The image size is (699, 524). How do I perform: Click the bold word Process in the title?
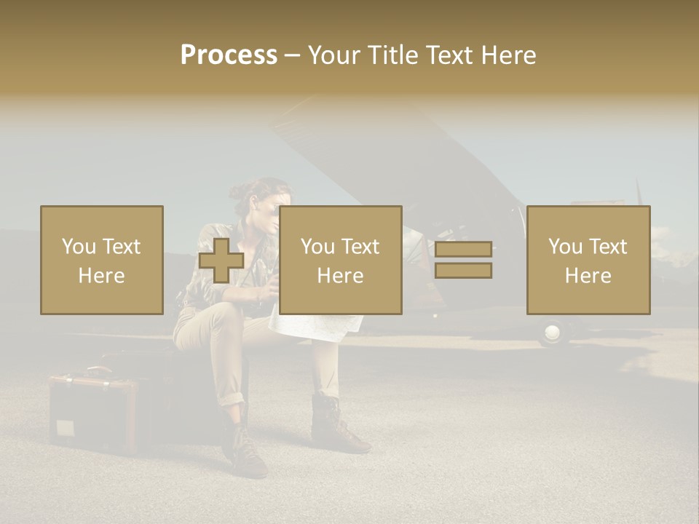click(229, 55)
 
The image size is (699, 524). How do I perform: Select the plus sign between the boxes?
click(221, 261)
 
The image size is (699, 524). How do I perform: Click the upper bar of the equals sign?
click(463, 250)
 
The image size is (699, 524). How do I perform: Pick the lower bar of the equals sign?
click(463, 270)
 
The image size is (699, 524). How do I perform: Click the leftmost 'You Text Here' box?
click(102, 261)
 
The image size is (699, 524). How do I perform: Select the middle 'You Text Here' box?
click(340, 261)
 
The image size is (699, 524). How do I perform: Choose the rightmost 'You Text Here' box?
click(588, 261)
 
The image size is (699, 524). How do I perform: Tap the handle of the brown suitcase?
click(91, 372)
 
